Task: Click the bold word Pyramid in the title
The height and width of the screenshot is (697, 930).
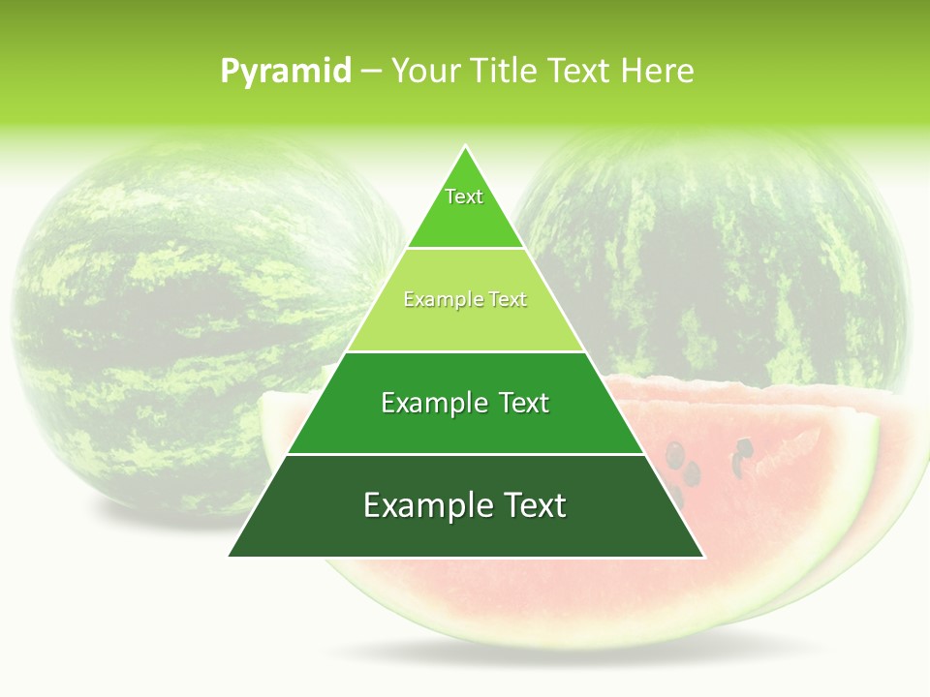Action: pyautogui.click(x=286, y=72)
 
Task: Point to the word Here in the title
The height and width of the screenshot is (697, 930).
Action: pyautogui.click(x=658, y=72)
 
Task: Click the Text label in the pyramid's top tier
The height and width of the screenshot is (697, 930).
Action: pyautogui.click(x=464, y=197)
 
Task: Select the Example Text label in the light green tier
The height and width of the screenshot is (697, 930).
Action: pyautogui.click(x=465, y=299)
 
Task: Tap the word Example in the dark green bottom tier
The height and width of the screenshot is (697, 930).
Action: pyautogui.click(x=424, y=505)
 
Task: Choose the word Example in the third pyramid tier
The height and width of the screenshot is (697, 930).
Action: pyautogui.click(x=431, y=403)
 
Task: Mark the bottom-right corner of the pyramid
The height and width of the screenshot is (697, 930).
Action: pyautogui.click(x=703, y=556)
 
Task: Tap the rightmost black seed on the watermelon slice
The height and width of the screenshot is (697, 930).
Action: pyautogui.click(x=744, y=447)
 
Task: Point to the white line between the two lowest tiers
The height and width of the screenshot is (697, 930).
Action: pyautogui.click(x=465, y=454)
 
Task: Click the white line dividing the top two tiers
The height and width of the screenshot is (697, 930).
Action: pyautogui.click(x=465, y=249)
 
